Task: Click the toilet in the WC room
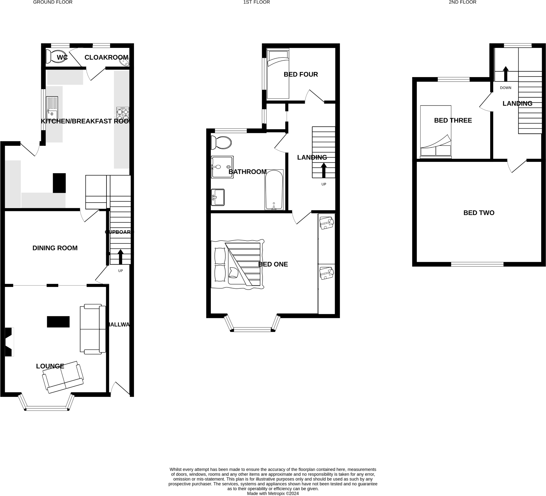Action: (x=56, y=56)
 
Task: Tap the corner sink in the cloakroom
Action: (x=125, y=62)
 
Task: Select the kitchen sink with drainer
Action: (x=52, y=107)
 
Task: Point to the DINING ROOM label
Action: (x=55, y=248)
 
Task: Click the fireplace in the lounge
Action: (x=9, y=342)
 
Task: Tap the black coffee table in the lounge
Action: (x=58, y=322)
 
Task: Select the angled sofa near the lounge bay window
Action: (x=63, y=377)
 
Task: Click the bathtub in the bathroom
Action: (x=274, y=190)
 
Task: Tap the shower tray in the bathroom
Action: (x=222, y=167)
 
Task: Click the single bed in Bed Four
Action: (x=278, y=74)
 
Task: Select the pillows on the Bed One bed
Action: (x=220, y=264)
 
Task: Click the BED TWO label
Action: (x=479, y=213)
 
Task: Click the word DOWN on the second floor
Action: (x=506, y=88)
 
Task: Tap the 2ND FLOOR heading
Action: (x=462, y=2)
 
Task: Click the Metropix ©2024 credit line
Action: (x=273, y=494)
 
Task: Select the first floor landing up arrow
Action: (x=324, y=170)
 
